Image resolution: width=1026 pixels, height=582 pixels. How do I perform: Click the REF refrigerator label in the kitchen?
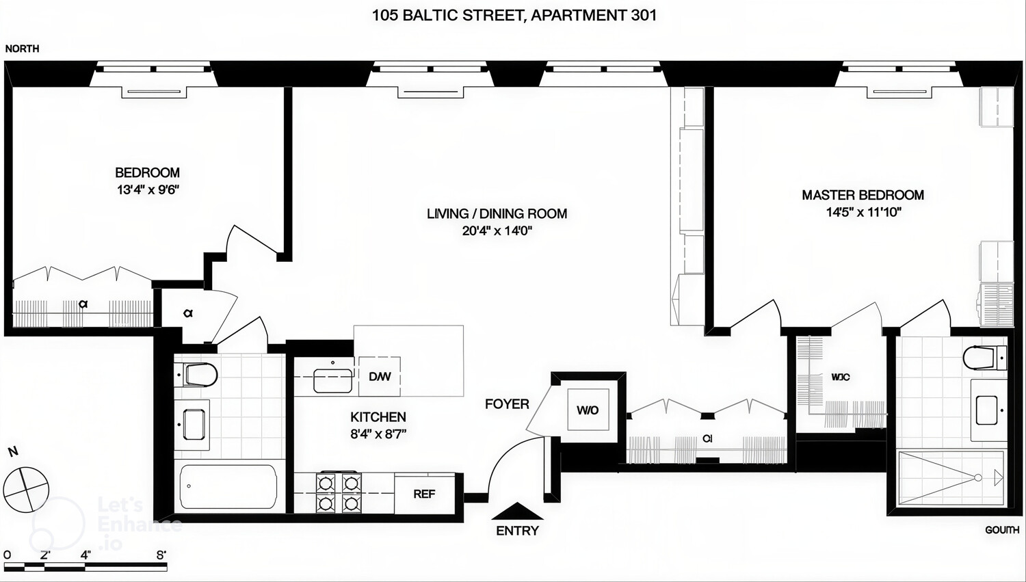tap(424, 494)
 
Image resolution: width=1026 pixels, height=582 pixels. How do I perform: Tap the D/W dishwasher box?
tap(380, 376)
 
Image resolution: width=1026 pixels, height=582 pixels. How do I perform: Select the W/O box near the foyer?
tap(588, 410)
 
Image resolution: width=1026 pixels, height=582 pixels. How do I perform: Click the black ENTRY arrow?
tap(518, 512)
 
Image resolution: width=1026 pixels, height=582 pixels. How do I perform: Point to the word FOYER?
tap(507, 404)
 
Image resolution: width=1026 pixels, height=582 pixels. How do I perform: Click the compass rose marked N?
tap(26, 488)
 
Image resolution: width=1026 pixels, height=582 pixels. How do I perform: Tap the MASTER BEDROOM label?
tap(863, 195)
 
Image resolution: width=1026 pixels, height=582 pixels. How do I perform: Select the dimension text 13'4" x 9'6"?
tap(148, 189)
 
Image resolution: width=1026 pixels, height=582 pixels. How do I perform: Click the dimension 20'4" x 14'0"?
tap(497, 231)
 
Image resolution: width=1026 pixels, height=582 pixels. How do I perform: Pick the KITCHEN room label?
tap(378, 417)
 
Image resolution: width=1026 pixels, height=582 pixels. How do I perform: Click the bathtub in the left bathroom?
tap(228, 486)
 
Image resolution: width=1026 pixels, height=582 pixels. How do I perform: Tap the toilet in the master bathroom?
tap(984, 358)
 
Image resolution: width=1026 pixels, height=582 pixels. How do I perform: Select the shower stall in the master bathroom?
tap(951, 477)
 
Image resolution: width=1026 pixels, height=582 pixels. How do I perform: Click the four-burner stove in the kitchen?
tap(338, 493)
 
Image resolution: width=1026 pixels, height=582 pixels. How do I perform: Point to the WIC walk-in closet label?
tap(841, 377)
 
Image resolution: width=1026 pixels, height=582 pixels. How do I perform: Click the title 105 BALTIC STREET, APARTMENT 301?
tap(514, 15)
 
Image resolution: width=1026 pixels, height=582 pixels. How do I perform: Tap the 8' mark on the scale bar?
tap(161, 555)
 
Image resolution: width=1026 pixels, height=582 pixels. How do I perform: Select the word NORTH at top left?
tap(22, 49)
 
